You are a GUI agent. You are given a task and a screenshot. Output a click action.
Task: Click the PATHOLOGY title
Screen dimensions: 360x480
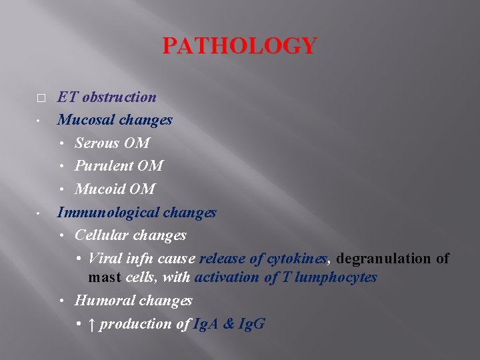[x=239, y=46]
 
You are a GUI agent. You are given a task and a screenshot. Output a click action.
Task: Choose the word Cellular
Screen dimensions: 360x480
[x=102, y=235]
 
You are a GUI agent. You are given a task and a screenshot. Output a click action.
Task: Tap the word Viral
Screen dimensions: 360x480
[x=104, y=258]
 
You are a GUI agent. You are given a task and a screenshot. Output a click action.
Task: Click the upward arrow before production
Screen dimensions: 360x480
[x=93, y=324]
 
